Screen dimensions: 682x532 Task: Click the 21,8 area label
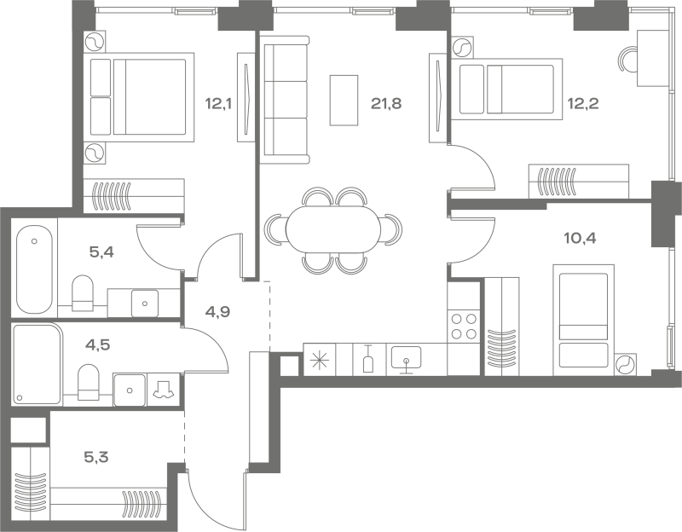[x=386, y=103]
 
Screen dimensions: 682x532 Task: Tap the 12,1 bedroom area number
[x=218, y=103]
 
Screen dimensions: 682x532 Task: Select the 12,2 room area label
[x=583, y=103]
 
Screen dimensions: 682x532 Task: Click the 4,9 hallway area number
[x=218, y=312]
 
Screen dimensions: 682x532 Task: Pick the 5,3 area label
[x=95, y=457]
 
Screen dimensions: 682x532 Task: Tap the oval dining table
[x=333, y=229]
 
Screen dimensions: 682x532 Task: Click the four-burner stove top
[x=464, y=327]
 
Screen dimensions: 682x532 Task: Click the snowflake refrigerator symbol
[x=320, y=359]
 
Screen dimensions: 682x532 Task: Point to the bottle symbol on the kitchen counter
[x=368, y=359]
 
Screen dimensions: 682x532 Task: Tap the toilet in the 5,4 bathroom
[x=82, y=292]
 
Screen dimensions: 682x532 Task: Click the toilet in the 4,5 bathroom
[x=89, y=382]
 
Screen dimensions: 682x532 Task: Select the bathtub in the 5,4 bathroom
[x=34, y=269]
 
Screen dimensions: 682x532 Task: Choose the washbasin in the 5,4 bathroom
[x=144, y=304]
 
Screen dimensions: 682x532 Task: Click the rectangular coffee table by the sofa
[x=344, y=101]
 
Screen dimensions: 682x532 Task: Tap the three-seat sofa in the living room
[x=285, y=100]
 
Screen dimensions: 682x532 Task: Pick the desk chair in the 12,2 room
[x=627, y=60]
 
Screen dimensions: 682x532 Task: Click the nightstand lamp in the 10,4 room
[x=625, y=364]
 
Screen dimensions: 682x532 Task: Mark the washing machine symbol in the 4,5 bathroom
[x=163, y=390]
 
